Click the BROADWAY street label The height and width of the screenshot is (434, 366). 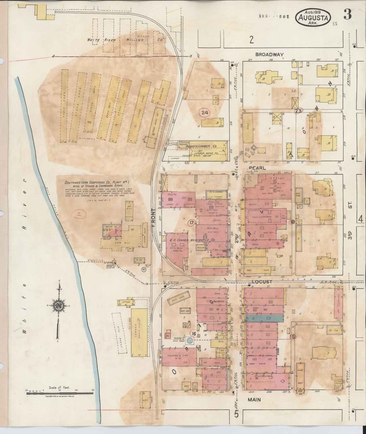269,54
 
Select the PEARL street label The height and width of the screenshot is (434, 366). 257,168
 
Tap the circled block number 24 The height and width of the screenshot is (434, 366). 205,113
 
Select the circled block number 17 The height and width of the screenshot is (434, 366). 191,223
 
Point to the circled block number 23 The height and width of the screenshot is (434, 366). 298,111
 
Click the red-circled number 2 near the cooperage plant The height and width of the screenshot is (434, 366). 79,215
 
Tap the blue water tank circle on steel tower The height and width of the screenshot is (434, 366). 189,340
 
